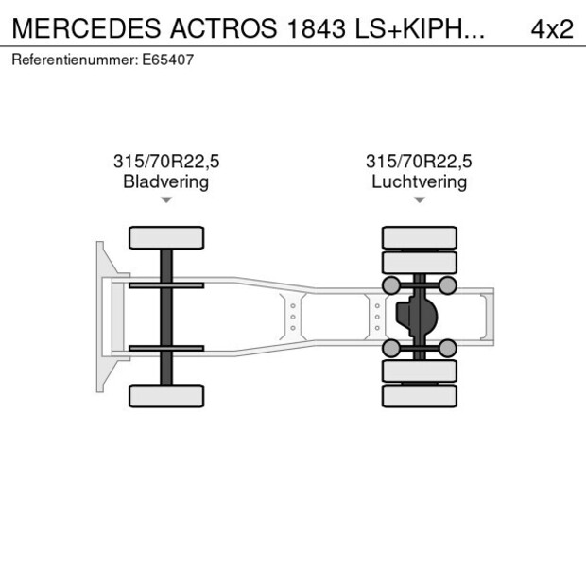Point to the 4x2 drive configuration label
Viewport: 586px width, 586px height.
[552, 28]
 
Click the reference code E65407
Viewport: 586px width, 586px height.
[168, 60]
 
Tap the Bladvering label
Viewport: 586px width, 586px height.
[166, 181]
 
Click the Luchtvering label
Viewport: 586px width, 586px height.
[419, 181]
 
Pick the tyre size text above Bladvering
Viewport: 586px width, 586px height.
[166, 162]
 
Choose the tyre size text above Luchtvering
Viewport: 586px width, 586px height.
[419, 162]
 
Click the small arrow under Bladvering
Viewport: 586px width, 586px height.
[166, 200]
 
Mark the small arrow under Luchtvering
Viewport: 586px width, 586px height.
[419, 200]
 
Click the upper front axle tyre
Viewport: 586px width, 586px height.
[166, 237]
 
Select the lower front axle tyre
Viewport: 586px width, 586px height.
[166, 395]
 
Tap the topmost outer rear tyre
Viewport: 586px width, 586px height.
[419, 236]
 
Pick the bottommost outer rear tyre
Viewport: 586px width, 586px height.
[419, 396]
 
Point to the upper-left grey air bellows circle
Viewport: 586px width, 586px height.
[389, 284]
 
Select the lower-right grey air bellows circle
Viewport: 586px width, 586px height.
[448, 349]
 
